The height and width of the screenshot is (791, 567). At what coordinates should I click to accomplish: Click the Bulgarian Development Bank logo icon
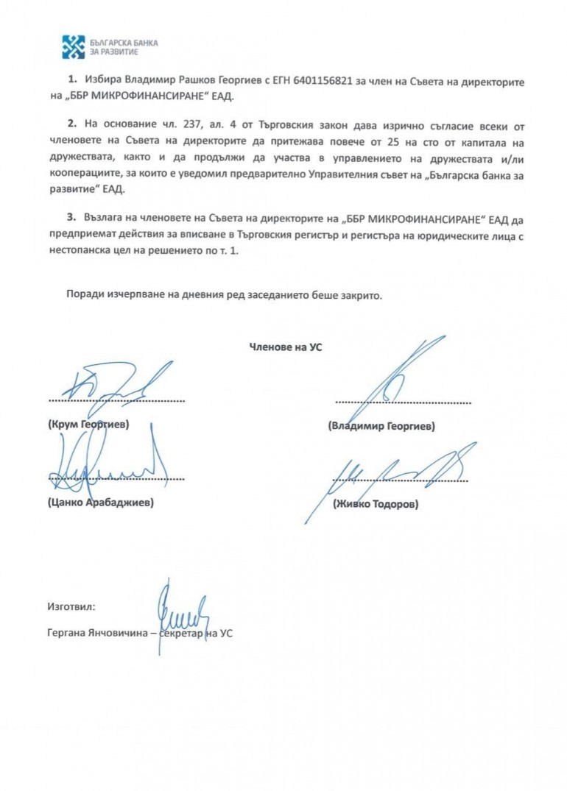coord(73,47)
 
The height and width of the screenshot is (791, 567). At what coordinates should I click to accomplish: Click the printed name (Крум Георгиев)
coord(88,425)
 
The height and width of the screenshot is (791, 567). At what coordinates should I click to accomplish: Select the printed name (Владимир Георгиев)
coord(382,426)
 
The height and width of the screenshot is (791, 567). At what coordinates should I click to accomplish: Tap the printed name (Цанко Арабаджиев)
coord(100,503)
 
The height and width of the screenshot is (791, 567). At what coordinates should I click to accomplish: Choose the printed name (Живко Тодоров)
coord(375,504)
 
